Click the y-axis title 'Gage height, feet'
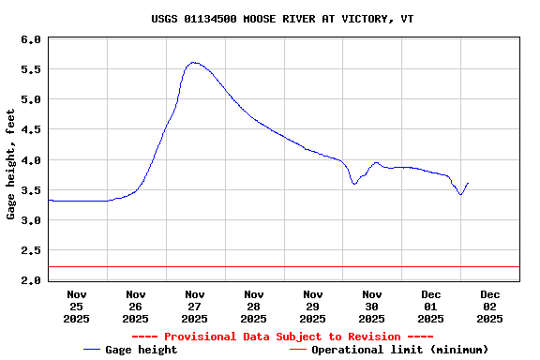[11, 164]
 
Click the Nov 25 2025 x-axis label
[77, 307]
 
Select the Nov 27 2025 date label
[195, 307]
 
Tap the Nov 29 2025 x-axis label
[313, 307]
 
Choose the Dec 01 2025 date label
[431, 307]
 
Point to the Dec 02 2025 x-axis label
[489, 307]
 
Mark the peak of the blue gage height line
[193, 63]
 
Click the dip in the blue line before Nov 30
[354, 184]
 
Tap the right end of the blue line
[468, 183]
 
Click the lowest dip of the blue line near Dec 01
[460, 194]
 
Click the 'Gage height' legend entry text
[141, 350]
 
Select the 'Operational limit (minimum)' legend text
[399, 350]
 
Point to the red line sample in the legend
[298, 350]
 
